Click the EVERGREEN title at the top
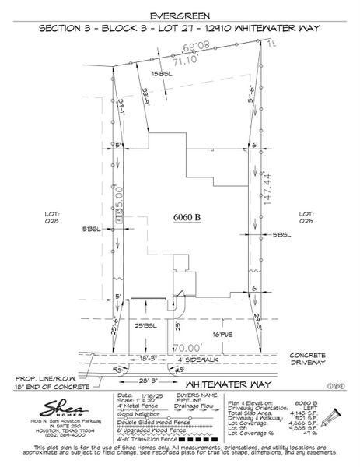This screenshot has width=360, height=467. point(180,15)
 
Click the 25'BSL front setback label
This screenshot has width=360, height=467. point(145,325)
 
